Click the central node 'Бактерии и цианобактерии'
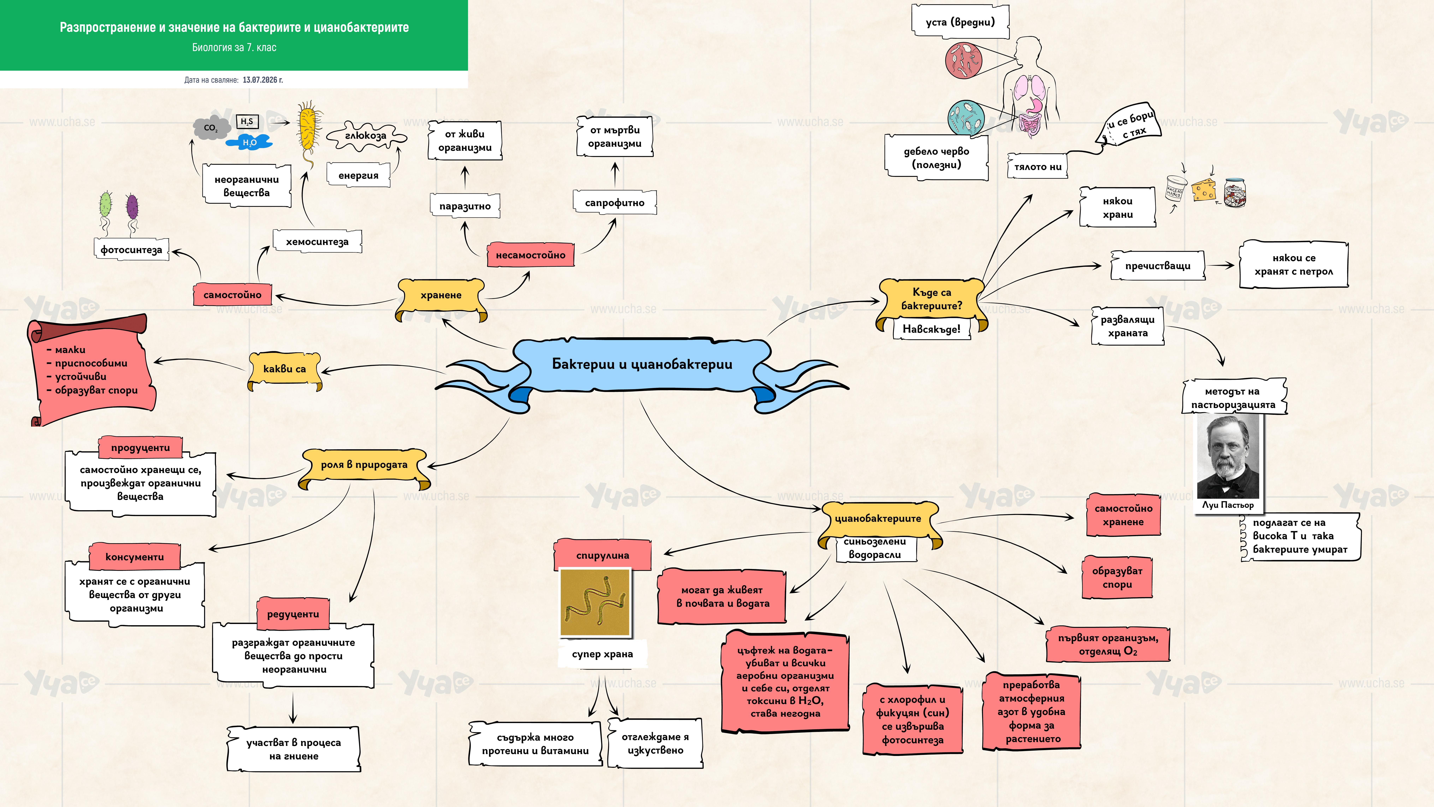pos(642,365)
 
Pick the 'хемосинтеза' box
pos(317,241)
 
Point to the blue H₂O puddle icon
pos(249,143)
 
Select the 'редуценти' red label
pos(293,614)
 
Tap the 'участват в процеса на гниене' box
pos(293,749)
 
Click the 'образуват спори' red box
pos(1117,578)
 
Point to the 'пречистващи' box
pos(1158,266)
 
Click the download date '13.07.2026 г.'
pos(263,80)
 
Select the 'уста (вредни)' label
pos(960,22)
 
